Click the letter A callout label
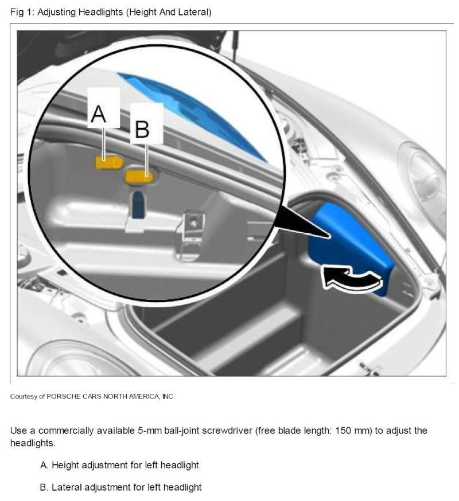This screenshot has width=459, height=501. [x=98, y=114]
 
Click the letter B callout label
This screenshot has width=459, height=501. [x=142, y=130]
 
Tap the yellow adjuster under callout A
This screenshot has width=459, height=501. [x=109, y=162]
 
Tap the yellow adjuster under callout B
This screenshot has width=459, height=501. [x=139, y=177]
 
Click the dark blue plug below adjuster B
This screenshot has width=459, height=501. [x=138, y=205]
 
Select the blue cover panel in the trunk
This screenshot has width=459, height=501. [x=350, y=246]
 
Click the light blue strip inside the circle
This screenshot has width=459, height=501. [x=192, y=115]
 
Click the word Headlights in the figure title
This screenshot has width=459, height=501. [x=101, y=12]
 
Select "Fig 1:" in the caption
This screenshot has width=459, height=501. [x=22, y=12]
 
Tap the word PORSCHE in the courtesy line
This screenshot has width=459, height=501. [x=63, y=397]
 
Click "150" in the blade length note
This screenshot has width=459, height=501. [x=343, y=430]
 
